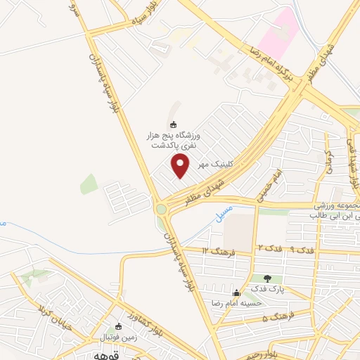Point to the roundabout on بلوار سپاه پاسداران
163,208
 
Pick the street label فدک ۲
269,248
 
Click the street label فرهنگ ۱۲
216,251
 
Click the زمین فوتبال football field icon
118,326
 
